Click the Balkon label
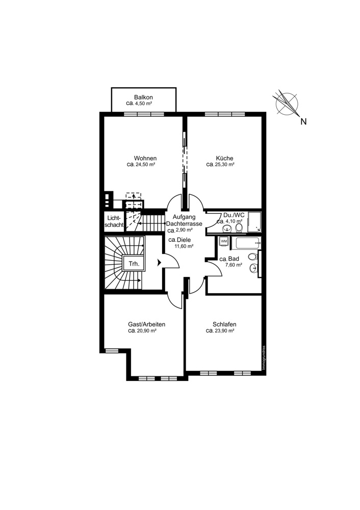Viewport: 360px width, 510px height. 143,97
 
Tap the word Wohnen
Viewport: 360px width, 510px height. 145,159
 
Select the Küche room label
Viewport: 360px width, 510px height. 224,159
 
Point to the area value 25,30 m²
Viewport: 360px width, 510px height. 225,165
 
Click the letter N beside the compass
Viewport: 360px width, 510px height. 303,122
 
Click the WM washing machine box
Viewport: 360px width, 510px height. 224,241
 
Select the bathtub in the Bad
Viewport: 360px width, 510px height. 245,243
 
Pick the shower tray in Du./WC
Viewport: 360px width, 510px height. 254,222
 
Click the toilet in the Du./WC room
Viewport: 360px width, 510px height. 239,227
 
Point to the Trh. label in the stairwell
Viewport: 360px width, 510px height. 134,264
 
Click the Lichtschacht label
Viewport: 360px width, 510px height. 114,221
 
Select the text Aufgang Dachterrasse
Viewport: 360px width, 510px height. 184,220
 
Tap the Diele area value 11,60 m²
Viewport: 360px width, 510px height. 184,246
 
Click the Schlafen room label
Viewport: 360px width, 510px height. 224,324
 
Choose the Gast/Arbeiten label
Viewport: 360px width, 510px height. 147,324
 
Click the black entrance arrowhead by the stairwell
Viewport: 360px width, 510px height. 159,263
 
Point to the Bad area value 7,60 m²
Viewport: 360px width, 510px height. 234,265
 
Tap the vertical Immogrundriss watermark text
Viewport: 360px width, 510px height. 264,358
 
